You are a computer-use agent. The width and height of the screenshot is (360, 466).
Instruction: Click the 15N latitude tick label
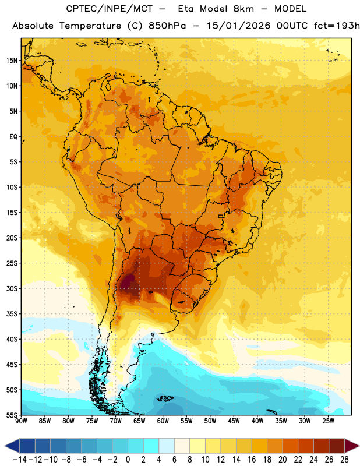pyautogui.click(x=12, y=61)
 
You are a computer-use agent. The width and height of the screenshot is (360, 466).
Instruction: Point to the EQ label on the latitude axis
pyautogui.click(x=13, y=137)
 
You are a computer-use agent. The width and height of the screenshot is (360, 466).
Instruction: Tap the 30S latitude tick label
pyautogui.click(x=12, y=288)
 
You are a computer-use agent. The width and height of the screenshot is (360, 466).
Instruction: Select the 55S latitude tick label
pyautogui.click(x=12, y=415)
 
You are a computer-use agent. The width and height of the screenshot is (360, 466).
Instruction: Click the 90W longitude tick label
pyautogui.click(x=21, y=421)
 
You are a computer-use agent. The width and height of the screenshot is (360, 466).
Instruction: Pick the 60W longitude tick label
pyautogui.click(x=163, y=421)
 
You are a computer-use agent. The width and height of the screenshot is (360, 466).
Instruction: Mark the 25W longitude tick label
pyautogui.click(x=328, y=421)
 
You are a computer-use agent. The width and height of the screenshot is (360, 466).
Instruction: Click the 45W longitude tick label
pyautogui.click(x=234, y=421)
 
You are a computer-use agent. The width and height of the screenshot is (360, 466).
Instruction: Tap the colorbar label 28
pyautogui.click(x=344, y=460)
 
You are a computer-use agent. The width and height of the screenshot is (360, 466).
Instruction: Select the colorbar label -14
pyautogui.click(x=20, y=460)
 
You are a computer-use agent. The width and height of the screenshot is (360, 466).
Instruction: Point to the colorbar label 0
pyautogui.click(x=128, y=460)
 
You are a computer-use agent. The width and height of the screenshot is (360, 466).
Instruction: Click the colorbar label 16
pyautogui.click(x=252, y=460)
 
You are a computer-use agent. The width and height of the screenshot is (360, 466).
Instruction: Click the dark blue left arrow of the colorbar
pyautogui.click(x=12, y=446)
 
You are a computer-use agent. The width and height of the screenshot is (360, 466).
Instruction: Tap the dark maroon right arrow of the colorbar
pyautogui.click(x=352, y=446)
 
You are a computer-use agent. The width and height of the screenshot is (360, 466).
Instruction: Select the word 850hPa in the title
pyautogui.click(x=167, y=26)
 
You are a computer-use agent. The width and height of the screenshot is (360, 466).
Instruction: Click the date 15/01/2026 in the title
pyautogui.click(x=239, y=26)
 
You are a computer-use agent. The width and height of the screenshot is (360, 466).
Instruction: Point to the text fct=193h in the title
pyautogui.click(x=337, y=26)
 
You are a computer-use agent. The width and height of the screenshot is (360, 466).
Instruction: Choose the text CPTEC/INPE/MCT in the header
pyautogui.click(x=109, y=9)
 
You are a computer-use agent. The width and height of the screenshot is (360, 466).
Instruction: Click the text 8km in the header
pyautogui.click(x=243, y=9)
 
